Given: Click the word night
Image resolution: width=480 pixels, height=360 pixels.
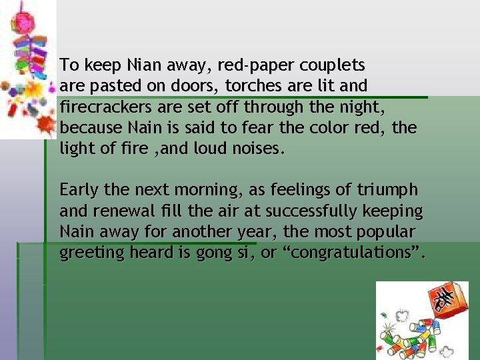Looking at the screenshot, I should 367,107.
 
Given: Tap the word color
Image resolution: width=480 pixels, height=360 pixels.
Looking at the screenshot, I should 317,127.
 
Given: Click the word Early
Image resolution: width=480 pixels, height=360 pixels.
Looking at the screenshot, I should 79,190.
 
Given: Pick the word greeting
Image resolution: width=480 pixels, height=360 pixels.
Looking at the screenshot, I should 86,253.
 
